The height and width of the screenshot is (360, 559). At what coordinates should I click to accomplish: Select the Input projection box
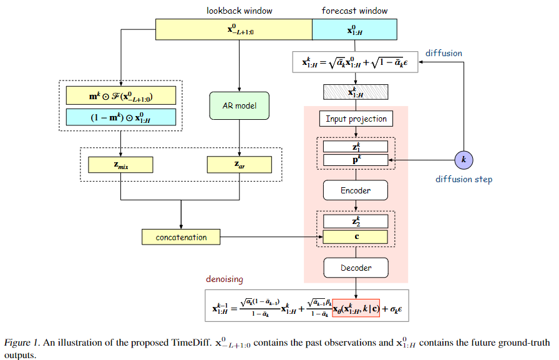(356, 119)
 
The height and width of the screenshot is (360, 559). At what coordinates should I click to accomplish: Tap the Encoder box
(356, 190)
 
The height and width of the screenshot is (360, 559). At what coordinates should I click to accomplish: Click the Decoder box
(356, 268)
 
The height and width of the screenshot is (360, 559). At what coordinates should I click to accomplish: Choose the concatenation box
(181, 237)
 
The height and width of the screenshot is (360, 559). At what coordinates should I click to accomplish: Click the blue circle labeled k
(463, 160)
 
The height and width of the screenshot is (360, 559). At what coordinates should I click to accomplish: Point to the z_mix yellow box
(121, 164)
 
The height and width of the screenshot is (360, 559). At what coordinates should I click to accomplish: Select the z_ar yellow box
(240, 164)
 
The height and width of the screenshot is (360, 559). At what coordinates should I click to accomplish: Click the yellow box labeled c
(356, 237)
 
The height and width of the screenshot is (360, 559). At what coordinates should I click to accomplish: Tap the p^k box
(356, 160)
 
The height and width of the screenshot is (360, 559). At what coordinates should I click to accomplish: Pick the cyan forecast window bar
(354, 29)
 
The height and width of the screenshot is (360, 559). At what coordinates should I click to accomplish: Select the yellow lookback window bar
(233, 29)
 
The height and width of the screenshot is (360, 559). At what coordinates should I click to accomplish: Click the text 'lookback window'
(239, 11)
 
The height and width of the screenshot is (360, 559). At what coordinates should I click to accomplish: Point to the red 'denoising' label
(225, 279)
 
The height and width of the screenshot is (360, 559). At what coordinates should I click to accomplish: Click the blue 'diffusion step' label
(464, 180)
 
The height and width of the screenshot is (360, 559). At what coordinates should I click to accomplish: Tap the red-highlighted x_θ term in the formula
(356, 308)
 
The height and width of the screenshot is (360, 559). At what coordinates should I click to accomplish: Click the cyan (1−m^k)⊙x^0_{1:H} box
(121, 117)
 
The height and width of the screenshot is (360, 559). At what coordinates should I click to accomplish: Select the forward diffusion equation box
(356, 62)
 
